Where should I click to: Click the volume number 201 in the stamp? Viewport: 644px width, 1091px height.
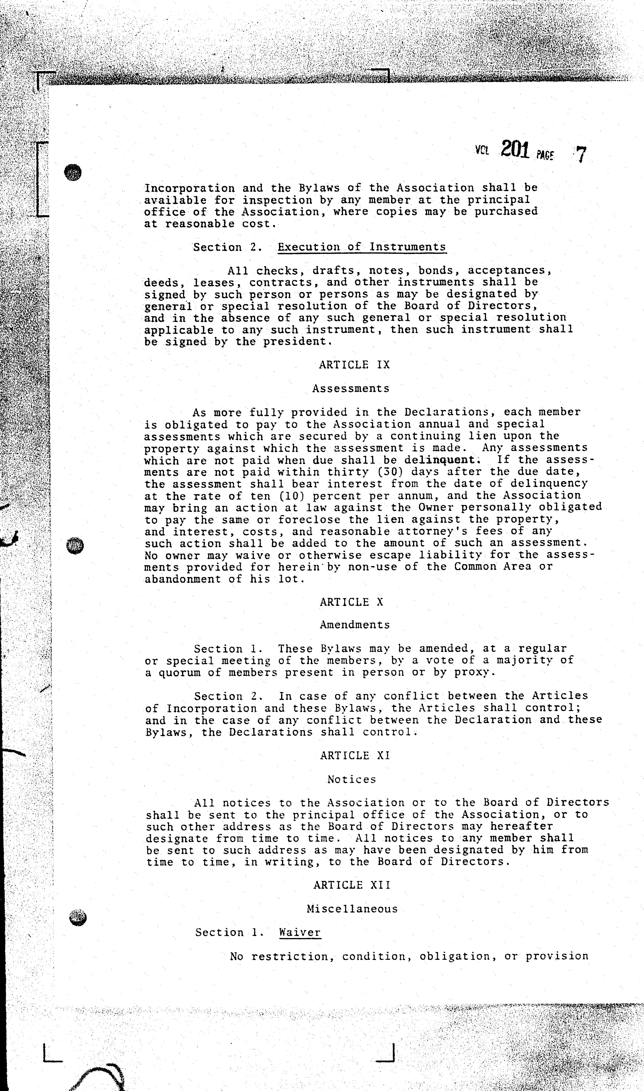(x=515, y=150)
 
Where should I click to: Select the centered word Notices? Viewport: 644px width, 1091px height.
(x=351, y=779)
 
